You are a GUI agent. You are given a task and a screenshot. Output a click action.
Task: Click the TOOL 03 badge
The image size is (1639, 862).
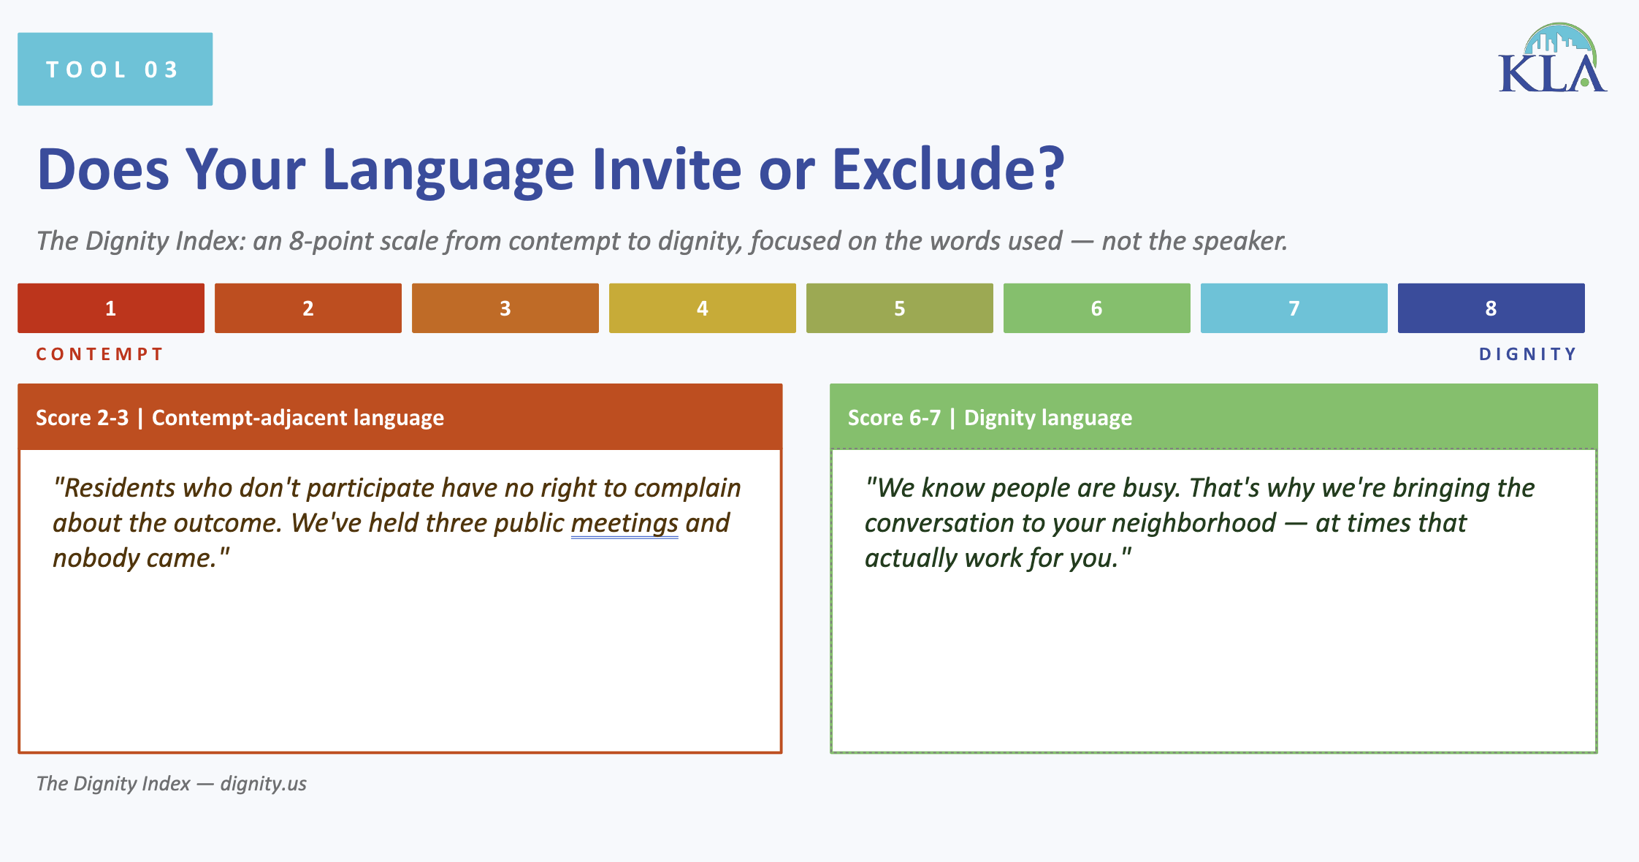click(x=115, y=69)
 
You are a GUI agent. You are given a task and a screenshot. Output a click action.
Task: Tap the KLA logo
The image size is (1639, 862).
click(x=1552, y=60)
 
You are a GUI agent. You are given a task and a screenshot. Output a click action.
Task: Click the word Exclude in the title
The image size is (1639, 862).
click(x=947, y=169)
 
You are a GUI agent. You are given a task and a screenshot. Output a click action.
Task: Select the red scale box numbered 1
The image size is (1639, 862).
click(x=111, y=308)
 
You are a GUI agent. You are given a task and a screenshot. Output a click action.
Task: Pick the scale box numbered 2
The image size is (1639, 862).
click(x=308, y=308)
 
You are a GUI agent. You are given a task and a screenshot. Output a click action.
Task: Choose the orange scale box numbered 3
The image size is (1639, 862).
click(x=505, y=308)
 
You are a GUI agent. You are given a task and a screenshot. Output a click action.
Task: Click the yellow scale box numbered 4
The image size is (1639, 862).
click(x=703, y=308)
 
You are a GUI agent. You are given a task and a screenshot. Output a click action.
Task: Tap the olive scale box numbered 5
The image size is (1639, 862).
click(x=900, y=308)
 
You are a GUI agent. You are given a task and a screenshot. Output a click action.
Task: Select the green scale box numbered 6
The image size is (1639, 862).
click(x=1097, y=308)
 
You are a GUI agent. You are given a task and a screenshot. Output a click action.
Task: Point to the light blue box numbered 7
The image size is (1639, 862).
click(x=1294, y=308)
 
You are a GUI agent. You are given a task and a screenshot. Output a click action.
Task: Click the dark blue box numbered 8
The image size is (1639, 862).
click(x=1491, y=308)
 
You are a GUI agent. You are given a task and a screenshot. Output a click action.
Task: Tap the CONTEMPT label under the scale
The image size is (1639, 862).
click(x=100, y=354)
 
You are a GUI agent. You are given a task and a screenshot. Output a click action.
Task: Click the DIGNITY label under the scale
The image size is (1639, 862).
click(x=1528, y=354)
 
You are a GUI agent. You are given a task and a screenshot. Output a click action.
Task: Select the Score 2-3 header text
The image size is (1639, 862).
click(x=240, y=418)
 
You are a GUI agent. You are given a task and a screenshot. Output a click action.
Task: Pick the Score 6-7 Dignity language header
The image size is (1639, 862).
click(x=990, y=418)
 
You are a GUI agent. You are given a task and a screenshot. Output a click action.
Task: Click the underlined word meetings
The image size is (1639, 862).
click(x=624, y=523)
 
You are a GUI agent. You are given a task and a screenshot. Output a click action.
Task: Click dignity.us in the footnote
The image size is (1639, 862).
click(x=264, y=784)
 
